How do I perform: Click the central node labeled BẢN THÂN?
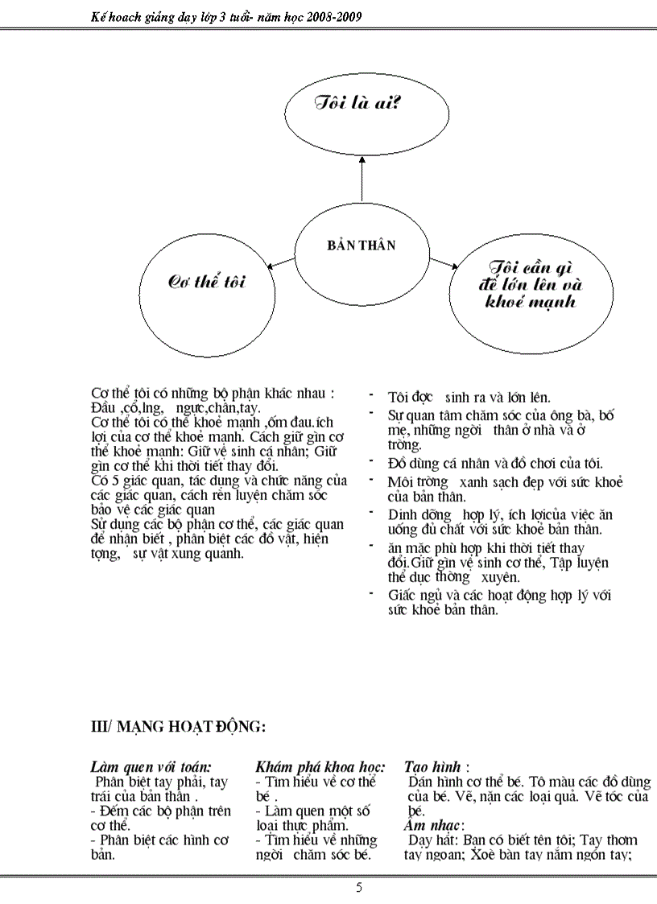pos(361,246)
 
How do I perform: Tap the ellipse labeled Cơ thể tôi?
pos(206,283)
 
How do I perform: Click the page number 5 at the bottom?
pos(359,888)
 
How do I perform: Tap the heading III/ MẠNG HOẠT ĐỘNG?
pos(178,727)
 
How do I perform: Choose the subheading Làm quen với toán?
pos(151,767)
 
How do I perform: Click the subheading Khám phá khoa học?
pos(320,767)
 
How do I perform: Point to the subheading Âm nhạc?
pos(433,825)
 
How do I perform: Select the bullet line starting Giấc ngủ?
pos(499,595)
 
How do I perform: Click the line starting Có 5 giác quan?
pos(218,481)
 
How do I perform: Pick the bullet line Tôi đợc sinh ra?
pos(469,397)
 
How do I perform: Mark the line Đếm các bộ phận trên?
pos(160,811)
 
